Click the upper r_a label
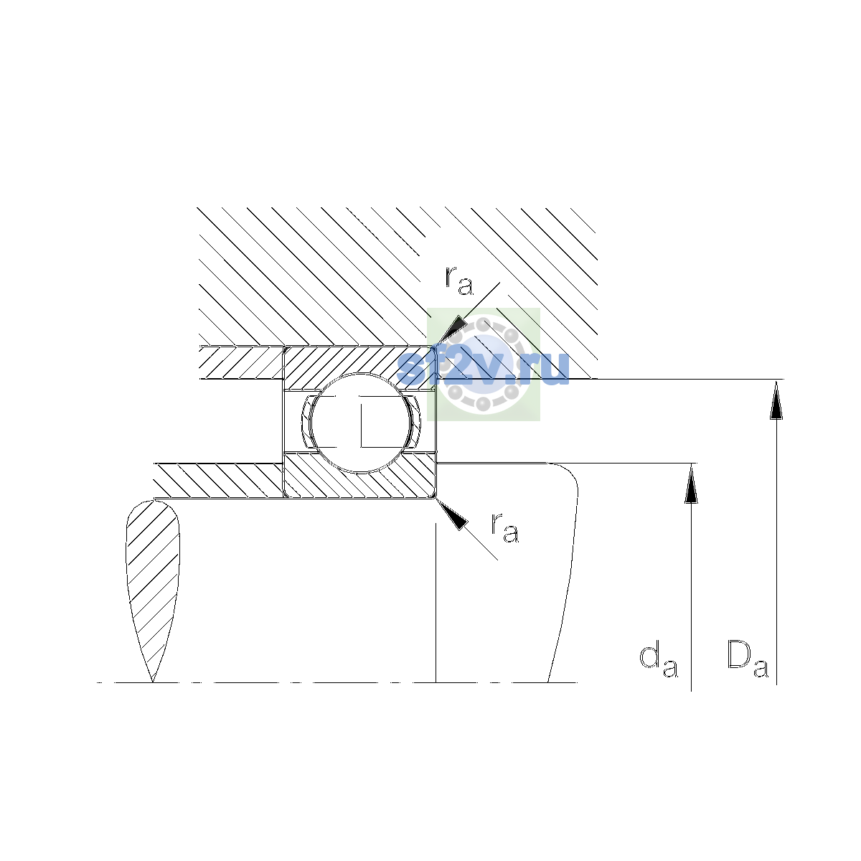[x=458, y=281]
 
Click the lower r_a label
[x=505, y=527]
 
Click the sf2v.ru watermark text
[x=483, y=368]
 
